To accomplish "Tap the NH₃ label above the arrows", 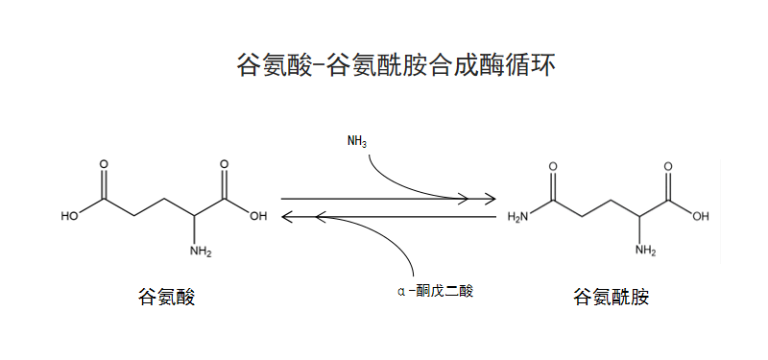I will (357, 142).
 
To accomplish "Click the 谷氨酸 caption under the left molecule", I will (167, 297).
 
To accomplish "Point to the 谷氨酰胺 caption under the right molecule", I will (612, 297).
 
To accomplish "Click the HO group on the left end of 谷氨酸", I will (69, 217).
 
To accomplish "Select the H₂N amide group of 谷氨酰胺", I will (517, 217).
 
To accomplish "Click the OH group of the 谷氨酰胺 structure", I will (701, 217).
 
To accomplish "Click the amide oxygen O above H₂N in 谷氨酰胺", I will (553, 167).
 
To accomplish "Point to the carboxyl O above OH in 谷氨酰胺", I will (667, 167).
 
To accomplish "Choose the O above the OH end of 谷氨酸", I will (224, 165).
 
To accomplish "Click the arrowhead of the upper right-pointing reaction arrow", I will (489, 200).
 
